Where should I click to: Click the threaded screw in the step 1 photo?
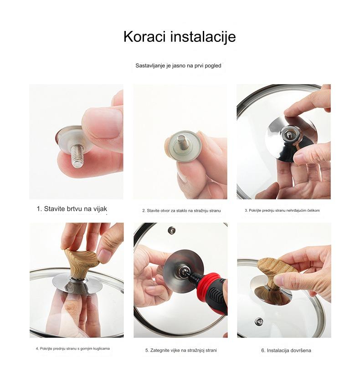(77, 155)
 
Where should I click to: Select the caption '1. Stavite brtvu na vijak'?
(72, 209)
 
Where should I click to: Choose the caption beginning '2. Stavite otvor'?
(181, 210)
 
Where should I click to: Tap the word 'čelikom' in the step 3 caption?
(314, 210)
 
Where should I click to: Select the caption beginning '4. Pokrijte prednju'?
(72, 349)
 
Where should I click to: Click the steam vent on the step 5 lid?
(172, 230)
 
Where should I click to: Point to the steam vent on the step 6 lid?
(259, 321)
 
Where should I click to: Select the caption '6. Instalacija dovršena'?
(286, 350)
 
